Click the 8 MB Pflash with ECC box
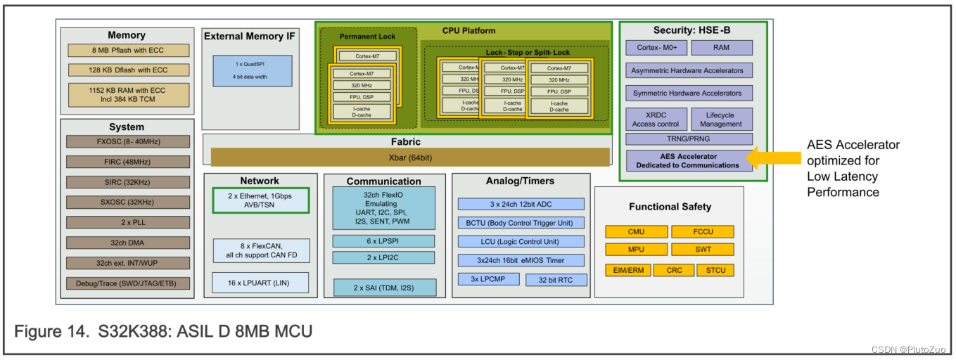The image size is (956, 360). point(129,51)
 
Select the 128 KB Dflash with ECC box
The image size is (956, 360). point(129,70)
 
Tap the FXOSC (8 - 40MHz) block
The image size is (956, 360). point(128,141)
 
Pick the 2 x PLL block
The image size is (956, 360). point(128,222)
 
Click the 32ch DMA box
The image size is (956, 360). point(128,243)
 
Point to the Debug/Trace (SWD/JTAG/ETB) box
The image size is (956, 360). point(128,283)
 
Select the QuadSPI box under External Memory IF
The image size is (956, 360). point(252,71)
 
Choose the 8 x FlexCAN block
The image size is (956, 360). point(260,250)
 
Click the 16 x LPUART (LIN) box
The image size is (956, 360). point(260,283)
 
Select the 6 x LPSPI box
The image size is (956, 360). point(383,241)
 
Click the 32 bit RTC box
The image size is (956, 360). point(556,280)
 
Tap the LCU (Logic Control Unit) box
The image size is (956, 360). point(521,241)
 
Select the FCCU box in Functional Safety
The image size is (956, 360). point(702,231)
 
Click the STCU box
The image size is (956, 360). point(715,270)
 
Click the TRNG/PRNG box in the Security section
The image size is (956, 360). point(689,139)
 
